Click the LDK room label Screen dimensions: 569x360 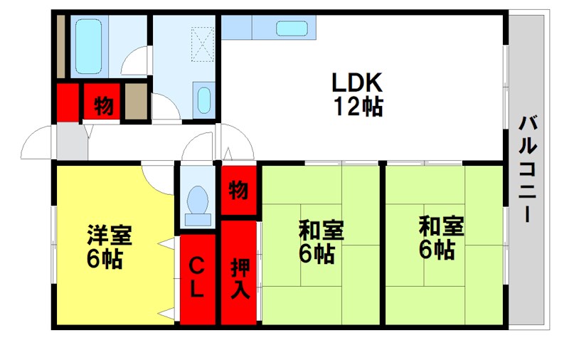[x=357, y=83]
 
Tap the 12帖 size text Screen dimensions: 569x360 [x=358, y=106]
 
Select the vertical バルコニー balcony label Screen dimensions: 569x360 [x=528, y=169]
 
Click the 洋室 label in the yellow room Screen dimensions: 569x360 [x=110, y=235]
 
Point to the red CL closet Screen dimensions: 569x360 [x=198, y=279]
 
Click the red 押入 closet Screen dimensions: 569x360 [x=239, y=272]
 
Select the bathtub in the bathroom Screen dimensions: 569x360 [x=88, y=46]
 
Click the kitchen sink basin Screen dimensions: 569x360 [x=292, y=28]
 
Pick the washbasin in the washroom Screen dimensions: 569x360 [x=204, y=100]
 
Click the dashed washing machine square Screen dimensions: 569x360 [x=203, y=44]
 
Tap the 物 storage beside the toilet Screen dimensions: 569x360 [x=239, y=190]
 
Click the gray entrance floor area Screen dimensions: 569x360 [x=72, y=141]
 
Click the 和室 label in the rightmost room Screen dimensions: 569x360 [x=441, y=226]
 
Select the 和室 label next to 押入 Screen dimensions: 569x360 [x=321, y=230]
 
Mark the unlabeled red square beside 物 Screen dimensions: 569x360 [x=68, y=102]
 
